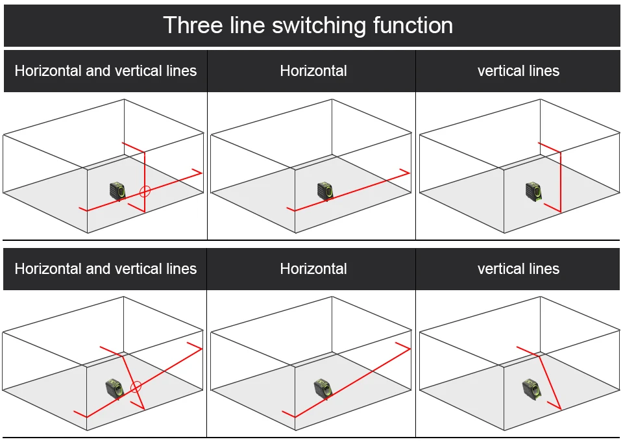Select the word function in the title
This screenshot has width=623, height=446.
[x=413, y=25]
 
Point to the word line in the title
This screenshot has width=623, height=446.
[x=247, y=25]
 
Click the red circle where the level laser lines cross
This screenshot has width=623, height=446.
[x=145, y=192]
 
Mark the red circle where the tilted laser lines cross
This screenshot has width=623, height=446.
[x=136, y=387]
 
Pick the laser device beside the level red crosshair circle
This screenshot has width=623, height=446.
[x=117, y=191]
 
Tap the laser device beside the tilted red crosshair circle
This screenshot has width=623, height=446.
[x=114, y=388]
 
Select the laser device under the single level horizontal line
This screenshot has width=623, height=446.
[x=325, y=191]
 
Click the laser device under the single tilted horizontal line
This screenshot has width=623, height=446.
[x=323, y=388]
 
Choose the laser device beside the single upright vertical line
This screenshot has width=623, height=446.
[x=533, y=191]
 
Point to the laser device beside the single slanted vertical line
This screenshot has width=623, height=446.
[x=531, y=388]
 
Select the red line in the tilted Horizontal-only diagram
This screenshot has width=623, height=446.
[x=350, y=383]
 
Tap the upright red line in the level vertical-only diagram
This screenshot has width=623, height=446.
[x=560, y=182]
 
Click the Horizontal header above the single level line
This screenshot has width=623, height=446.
[x=313, y=71]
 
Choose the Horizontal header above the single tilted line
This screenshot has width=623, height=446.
[x=313, y=269]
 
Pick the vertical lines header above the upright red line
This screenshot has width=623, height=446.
[x=518, y=71]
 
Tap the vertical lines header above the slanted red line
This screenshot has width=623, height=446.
[x=518, y=269]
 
